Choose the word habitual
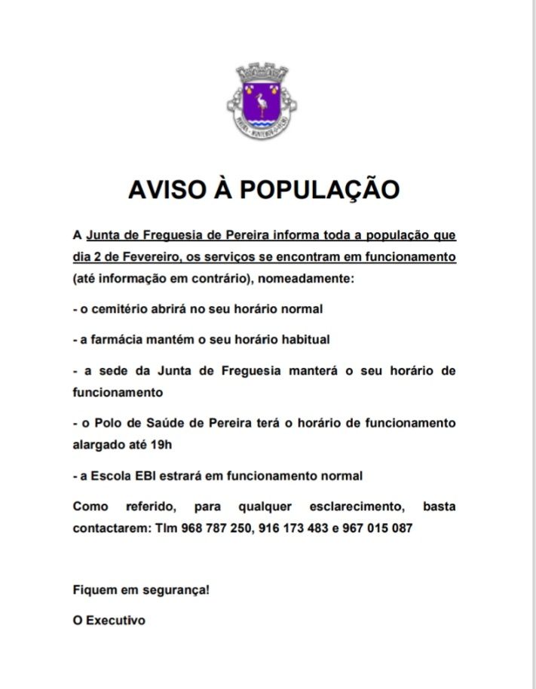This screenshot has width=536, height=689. click(x=304, y=340)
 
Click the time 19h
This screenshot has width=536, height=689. click(x=161, y=445)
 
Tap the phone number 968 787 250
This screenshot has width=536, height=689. click(x=215, y=528)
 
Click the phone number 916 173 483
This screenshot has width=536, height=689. click(x=293, y=528)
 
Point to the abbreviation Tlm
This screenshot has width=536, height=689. click(x=164, y=528)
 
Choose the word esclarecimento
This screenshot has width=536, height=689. click(x=352, y=507)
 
